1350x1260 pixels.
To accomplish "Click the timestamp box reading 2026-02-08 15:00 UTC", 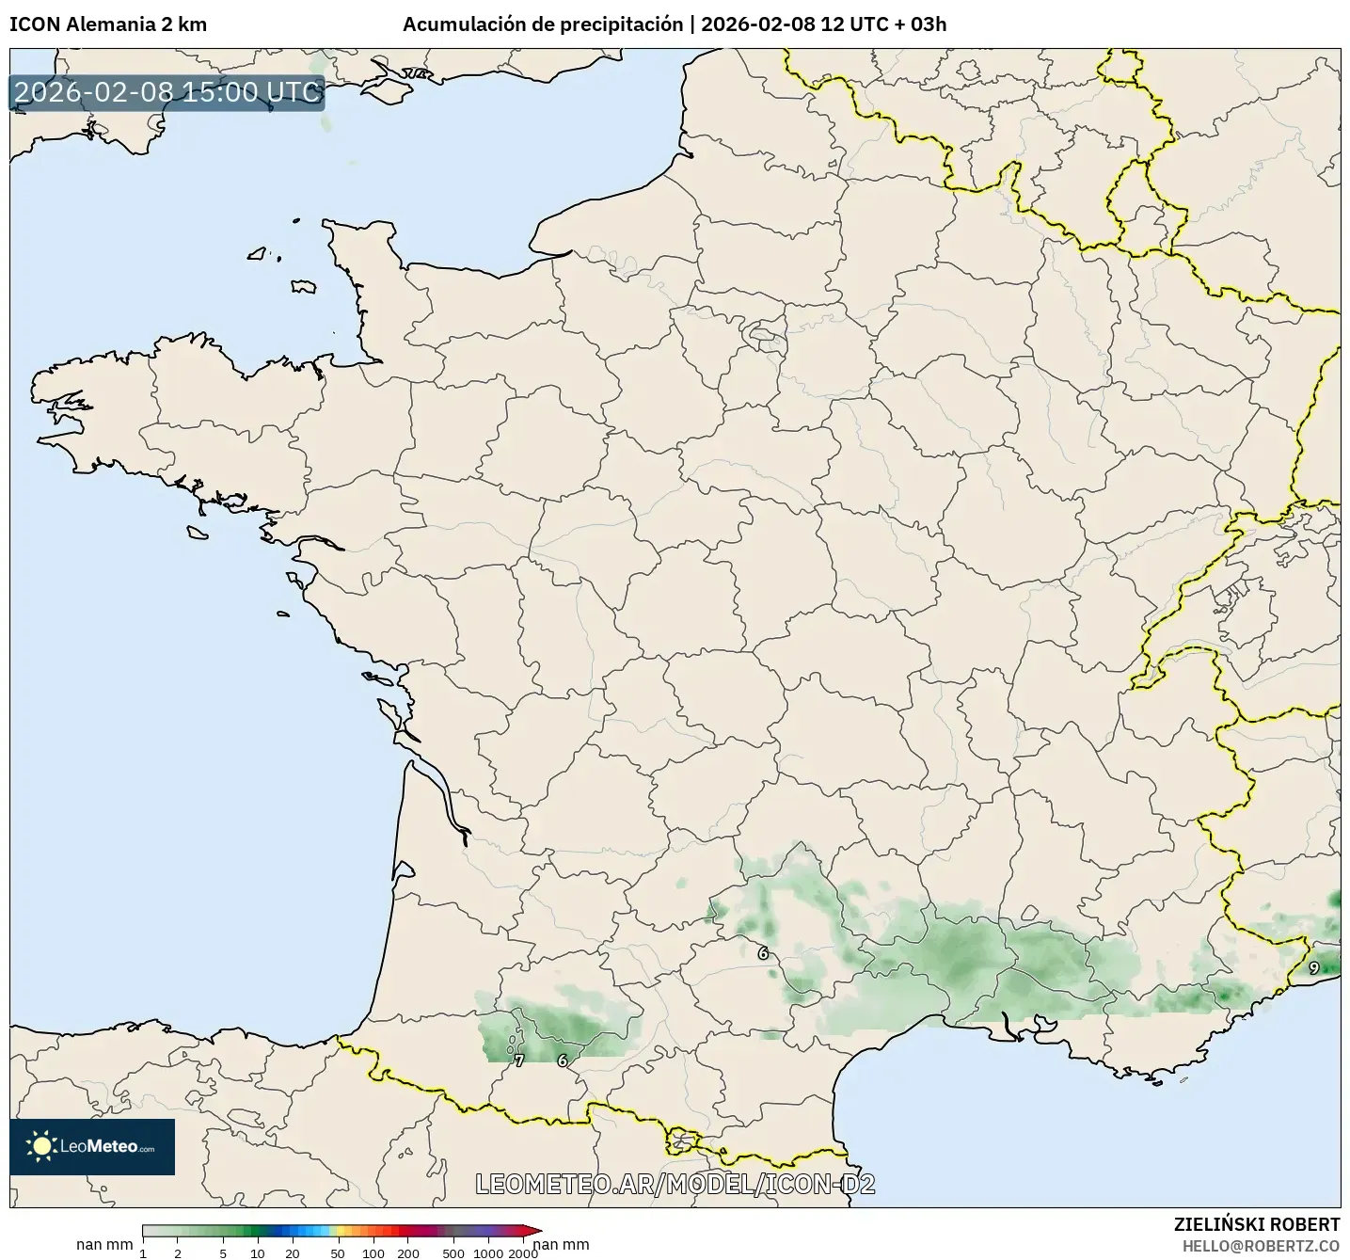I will click(167, 92).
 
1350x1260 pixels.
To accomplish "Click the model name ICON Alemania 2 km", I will click(108, 24).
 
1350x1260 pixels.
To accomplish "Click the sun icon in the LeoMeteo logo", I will click(41, 1146).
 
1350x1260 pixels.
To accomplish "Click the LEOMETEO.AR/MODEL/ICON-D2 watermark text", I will click(675, 1185).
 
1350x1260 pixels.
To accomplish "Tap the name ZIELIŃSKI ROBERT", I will click(1257, 1224).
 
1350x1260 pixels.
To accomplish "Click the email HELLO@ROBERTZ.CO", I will click(1261, 1245).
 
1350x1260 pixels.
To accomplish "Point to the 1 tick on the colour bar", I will click(143, 1252).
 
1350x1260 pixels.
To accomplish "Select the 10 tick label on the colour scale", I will click(258, 1252).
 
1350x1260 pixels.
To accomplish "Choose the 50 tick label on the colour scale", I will click(338, 1252).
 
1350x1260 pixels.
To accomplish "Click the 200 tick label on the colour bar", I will click(407, 1252).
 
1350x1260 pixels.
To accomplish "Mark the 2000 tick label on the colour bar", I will click(523, 1252).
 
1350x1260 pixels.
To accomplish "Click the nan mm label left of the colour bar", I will click(104, 1244).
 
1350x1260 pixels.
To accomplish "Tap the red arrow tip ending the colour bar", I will click(537, 1230).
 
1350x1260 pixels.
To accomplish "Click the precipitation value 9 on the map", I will click(1314, 967).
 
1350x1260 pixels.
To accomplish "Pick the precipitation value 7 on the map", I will click(519, 1061).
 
